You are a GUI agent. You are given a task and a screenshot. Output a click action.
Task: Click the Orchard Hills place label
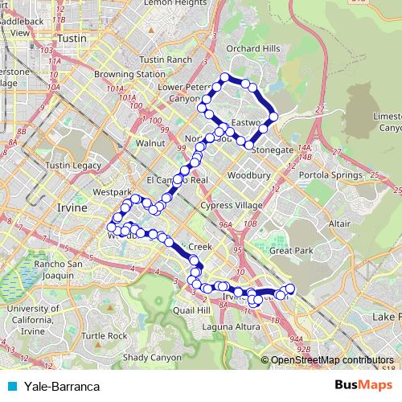pyautogui.click(x=252, y=48)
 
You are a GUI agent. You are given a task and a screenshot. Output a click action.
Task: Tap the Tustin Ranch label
pyautogui.click(x=166, y=59)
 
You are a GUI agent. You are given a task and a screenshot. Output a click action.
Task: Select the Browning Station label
pyautogui.click(x=124, y=74)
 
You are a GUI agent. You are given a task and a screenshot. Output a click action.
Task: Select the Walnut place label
pyautogui.click(x=150, y=142)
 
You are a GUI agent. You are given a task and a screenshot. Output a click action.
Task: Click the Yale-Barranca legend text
pyautogui.click(x=62, y=386)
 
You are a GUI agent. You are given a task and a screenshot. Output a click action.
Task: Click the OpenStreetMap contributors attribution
pyautogui.click(x=332, y=360)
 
